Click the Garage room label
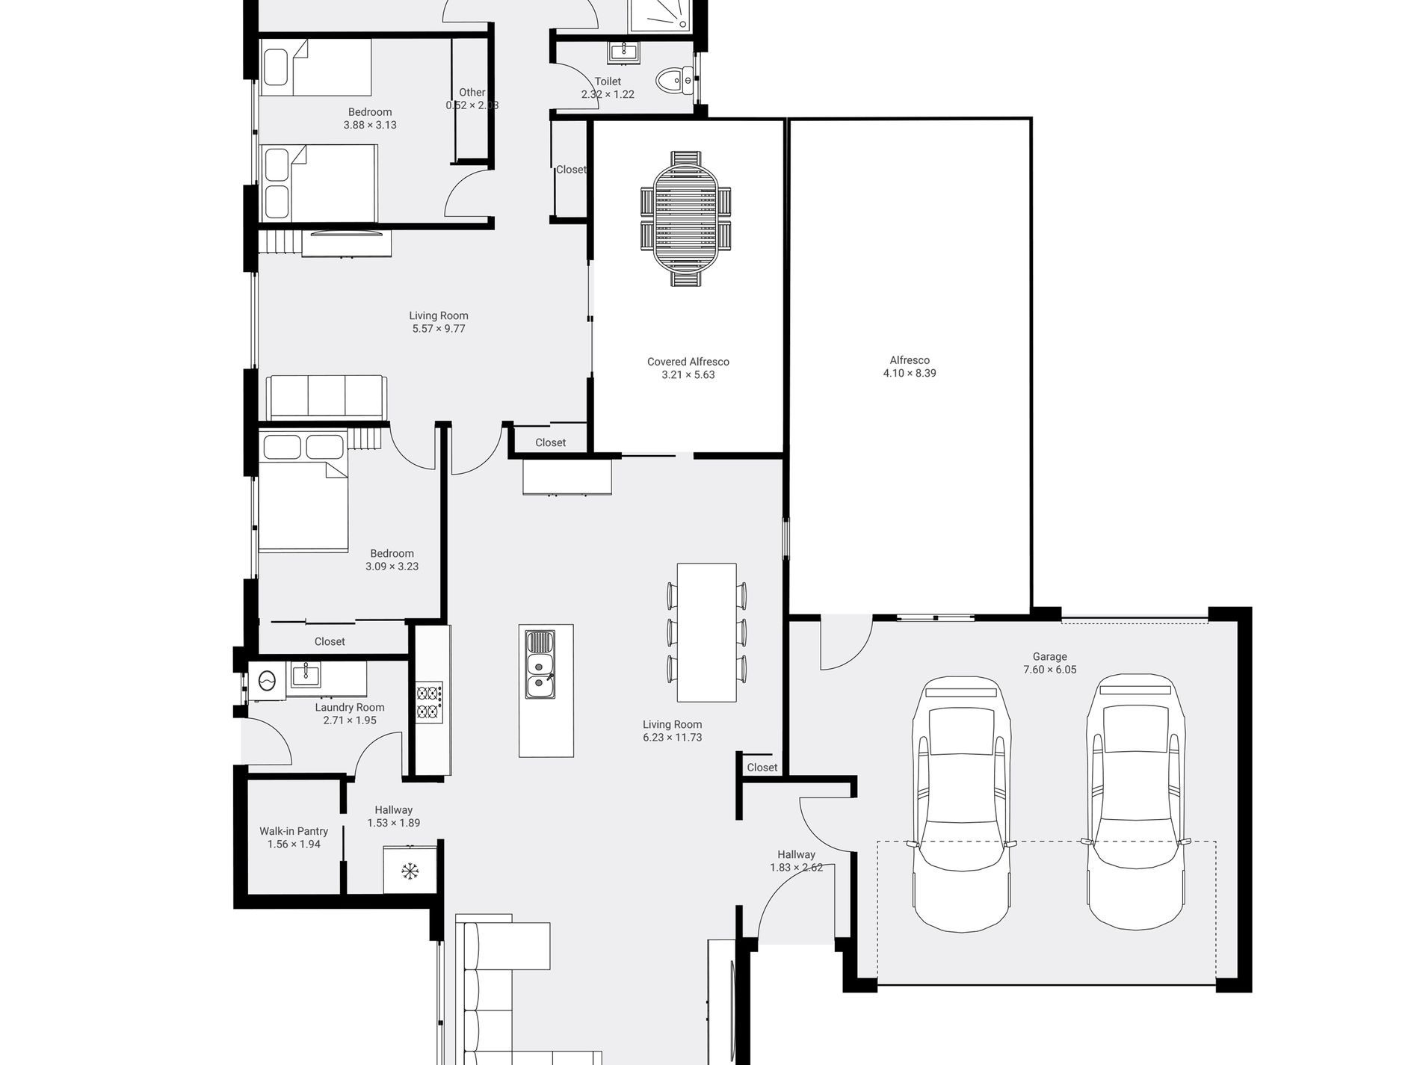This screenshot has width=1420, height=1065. [x=1049, y=657]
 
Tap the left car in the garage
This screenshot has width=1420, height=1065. [x=961, y=803]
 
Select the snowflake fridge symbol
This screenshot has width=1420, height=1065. [x=410, y=871]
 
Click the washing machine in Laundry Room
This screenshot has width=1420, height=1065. [x=267, y=680]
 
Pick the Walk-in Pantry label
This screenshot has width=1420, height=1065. [x=294, y=831]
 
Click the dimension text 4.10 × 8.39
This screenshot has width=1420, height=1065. [x=910, y=373]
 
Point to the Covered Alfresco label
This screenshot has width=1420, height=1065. [x=688, y=362]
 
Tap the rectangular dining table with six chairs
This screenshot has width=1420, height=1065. [x=706, y=632]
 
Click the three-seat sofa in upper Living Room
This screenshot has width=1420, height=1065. [x=327, y=396]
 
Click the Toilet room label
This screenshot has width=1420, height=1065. [x=608, y=81]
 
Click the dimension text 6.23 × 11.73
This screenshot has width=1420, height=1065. [x=672, y=738]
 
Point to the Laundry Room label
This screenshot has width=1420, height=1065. [x=350, y=708]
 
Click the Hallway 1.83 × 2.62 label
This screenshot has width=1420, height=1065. [x=796, y=854]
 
